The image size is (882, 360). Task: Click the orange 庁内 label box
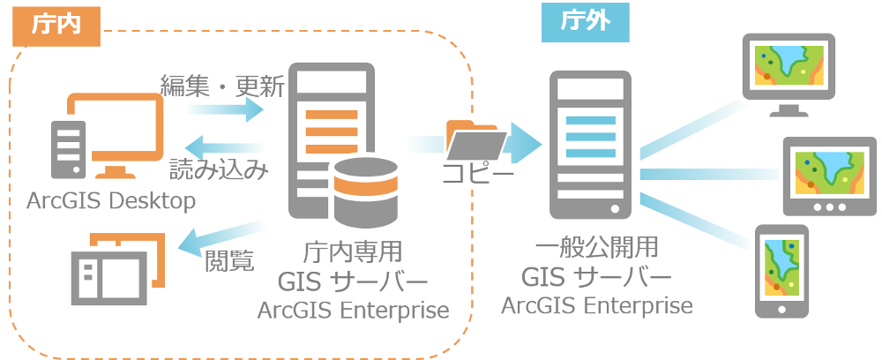56,24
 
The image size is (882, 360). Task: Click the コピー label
477,174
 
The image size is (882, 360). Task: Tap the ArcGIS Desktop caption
109,201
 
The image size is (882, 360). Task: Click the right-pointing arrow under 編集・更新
224,110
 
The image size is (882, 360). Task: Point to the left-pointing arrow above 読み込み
226,146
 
